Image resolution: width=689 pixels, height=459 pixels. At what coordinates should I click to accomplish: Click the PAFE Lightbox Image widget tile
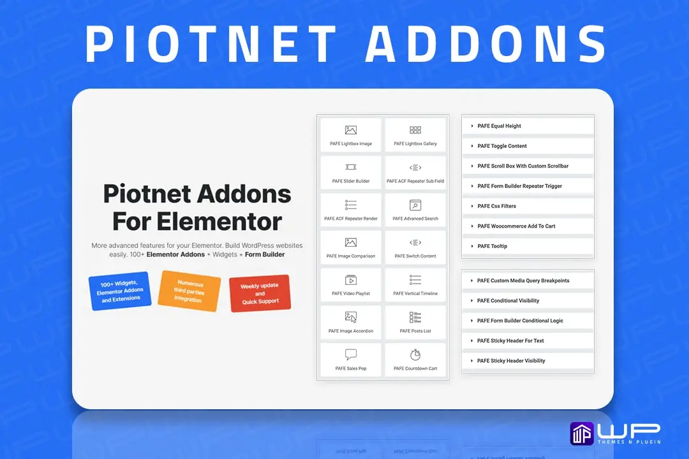point(351,135)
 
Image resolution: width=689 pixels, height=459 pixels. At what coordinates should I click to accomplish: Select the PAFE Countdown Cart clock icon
point(415,354)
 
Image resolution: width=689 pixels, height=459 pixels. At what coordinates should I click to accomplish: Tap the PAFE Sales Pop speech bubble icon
point(351,354)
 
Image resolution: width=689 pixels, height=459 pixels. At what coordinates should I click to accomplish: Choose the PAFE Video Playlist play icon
point(351,280)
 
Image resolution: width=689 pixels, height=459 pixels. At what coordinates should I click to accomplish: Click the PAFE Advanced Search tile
point(415,210)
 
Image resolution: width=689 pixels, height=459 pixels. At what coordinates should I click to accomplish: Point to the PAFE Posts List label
point(415,331)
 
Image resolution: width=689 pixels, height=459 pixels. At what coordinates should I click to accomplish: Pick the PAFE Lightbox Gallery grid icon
point(415,130)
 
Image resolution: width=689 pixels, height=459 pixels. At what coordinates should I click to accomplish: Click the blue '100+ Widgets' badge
point(120,291)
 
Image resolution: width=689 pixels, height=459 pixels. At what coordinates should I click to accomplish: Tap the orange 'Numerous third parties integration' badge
point(189,291)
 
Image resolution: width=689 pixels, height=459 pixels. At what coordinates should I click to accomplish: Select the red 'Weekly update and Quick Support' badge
point(260,293)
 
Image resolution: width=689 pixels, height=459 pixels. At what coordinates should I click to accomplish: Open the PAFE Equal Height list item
point(528,126)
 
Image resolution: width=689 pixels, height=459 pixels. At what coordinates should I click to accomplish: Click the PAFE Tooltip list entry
point(528,247)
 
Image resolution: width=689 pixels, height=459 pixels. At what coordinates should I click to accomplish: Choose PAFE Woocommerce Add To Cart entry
point(528,226)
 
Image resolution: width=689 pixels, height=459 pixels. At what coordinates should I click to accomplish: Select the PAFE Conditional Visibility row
point(528,301)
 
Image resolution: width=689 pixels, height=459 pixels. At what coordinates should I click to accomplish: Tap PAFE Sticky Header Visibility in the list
point(528,361)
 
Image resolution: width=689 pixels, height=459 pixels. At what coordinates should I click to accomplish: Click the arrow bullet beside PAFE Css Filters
point(472,206)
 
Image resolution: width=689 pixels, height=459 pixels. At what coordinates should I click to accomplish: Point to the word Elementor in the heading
point(219,221)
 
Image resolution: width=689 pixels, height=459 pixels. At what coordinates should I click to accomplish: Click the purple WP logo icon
point(582,433)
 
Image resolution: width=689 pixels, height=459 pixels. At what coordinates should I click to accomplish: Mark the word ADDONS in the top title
point(486,44)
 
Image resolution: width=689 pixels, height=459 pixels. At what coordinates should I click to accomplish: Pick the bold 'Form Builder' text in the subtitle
point(265,254)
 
